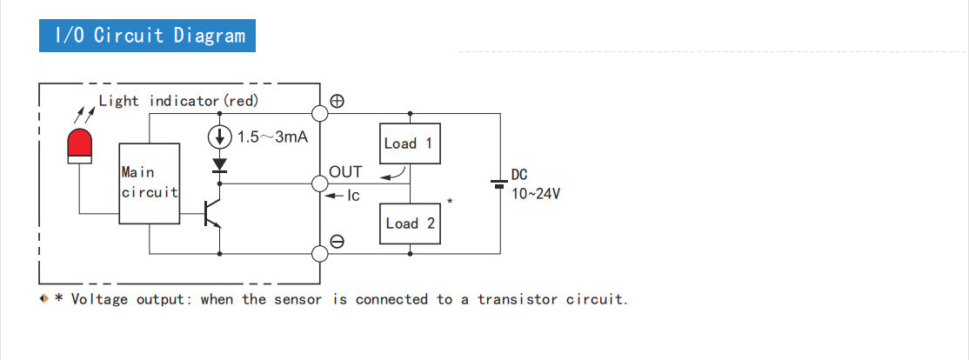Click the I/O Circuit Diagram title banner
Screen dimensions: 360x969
pyautogui.click(x=148, y=36)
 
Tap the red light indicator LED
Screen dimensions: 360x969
pyautogui.click(x=79, y=146)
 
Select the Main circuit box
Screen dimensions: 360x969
pyautogui.click(x=150, y=183)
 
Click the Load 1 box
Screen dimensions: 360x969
pyautogui.click(x=409, y=143)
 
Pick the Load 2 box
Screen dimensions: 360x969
pyautogui.click(x=410, y=223)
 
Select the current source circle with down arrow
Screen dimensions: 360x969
pyautogui.click(x=219, y=137)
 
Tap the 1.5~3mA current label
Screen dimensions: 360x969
pyautogui.click(x=272, y=137)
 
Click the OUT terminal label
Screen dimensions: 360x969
pyautogui.click(x=345, y=172)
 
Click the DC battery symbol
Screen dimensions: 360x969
pyautogui.click(x=499, y=183)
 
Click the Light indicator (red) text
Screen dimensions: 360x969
pyautogui.click(x=178, y=101)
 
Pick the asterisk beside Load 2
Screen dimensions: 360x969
pyautogui.click(x=450, y=203)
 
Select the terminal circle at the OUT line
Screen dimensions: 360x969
pyautogui.click(x=319, y=183)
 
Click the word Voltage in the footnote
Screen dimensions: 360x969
pyautogui.click(x=99, y=300)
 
